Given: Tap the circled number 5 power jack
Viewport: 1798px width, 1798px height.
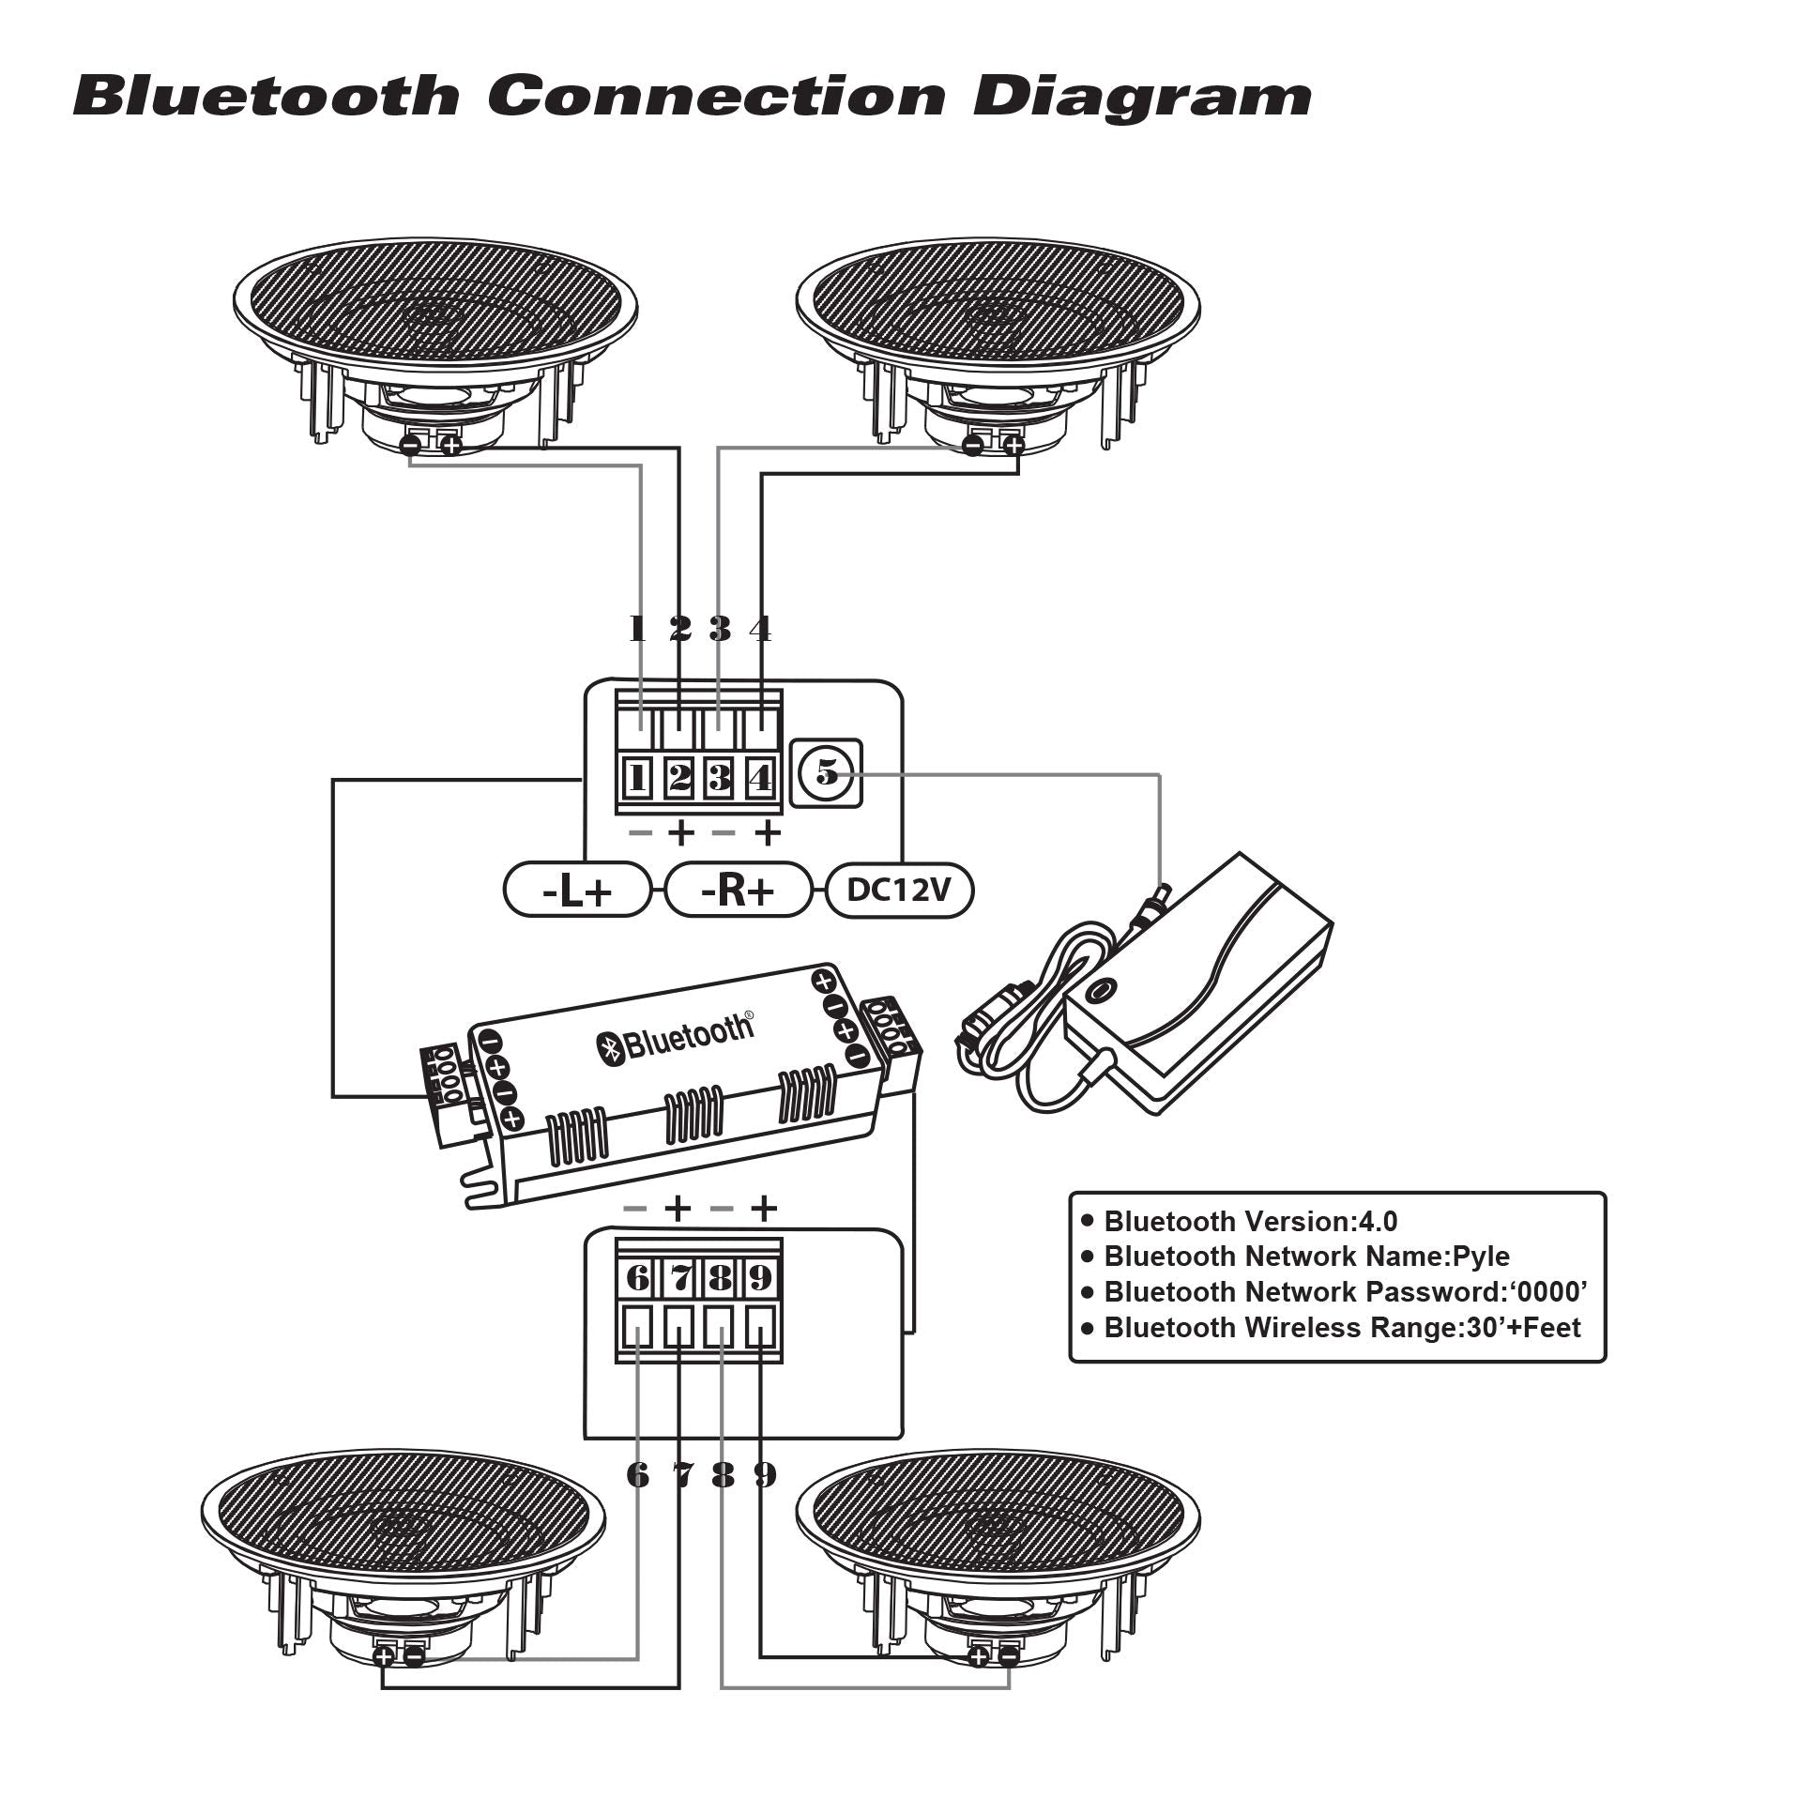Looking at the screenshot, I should pyautogui.click(x=826, y=773).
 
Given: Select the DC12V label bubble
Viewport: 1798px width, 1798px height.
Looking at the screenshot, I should pyautogui.click(x=899, y=890).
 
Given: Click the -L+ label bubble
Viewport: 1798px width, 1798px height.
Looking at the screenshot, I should pyautogui.click(x=577, y=891).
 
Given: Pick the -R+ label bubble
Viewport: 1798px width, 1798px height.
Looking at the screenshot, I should pyautogui.click(x=738, y=891).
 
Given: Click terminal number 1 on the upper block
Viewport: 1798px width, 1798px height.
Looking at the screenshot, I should pyautogui.click(x=638, y=778).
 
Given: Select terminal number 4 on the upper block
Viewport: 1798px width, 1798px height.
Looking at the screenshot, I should pyautogui.click(x=760, y=778).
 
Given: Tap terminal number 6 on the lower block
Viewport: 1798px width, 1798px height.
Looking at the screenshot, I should pyautogui.click(x=637, y=1277).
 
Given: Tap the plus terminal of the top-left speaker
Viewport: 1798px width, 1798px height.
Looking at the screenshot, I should pyautogui.click(x=451, y=446).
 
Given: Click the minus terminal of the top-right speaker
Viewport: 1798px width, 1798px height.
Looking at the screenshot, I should pyautogui.click(x=973, y=445).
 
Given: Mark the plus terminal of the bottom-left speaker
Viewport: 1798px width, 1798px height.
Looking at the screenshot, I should pyautogui.click(x=384, y=1656).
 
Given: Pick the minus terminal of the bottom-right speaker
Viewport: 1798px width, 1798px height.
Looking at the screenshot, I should pyautogui.click(x=1009, y=1656).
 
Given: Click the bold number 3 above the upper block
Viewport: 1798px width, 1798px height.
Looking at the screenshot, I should pyautogui.click(x=720, y=628).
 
